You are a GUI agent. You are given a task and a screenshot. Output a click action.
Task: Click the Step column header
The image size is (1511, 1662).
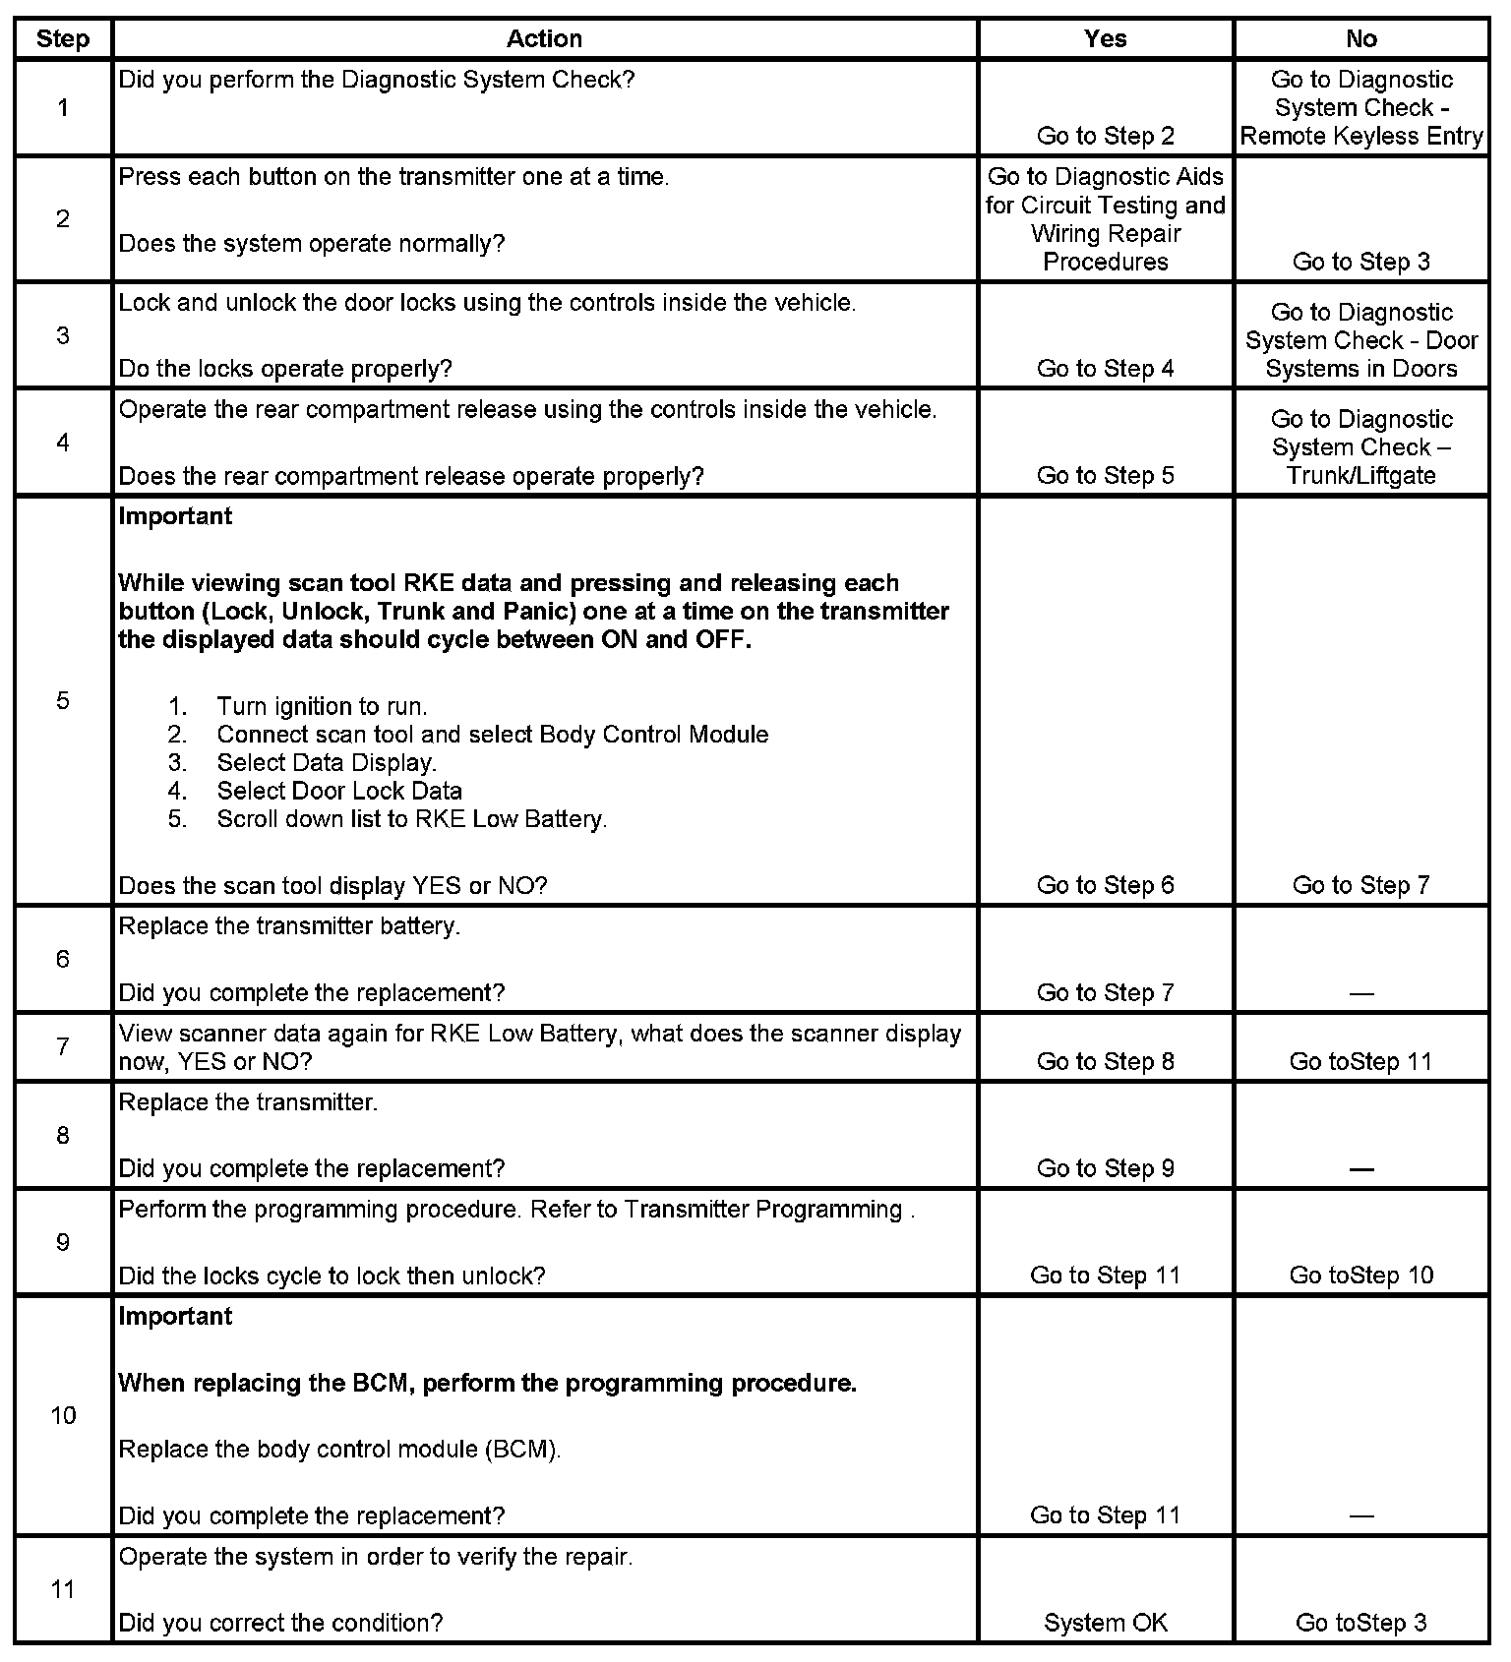point(63,39)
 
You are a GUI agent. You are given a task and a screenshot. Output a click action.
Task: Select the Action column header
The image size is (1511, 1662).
point(544,39)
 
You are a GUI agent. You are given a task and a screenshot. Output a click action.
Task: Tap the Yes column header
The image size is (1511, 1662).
point(1105,39)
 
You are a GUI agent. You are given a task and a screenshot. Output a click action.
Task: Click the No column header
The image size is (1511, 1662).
point(1360,39)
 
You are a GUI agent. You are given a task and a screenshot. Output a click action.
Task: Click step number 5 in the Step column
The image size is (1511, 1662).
point(63,701)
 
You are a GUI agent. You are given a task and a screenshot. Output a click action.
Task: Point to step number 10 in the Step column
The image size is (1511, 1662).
point(63,1416)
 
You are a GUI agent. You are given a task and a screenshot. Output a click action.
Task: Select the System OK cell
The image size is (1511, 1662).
point(1106,1624)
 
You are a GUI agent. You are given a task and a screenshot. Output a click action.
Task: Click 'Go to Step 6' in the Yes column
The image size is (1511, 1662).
point(1106,886)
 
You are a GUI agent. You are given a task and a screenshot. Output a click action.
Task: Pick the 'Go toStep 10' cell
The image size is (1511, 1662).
point(1361,1276)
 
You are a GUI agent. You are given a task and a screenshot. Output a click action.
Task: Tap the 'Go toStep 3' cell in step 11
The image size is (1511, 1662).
point(1361,1624)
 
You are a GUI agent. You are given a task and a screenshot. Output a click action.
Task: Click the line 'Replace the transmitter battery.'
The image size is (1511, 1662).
point(289,926)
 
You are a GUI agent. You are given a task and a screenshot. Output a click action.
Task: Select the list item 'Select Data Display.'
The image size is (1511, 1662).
point(327,763)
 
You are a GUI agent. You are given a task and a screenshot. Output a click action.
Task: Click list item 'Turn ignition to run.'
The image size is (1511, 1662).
point(322,707)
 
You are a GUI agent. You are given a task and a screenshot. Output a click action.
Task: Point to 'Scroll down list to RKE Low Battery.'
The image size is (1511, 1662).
point(411,819)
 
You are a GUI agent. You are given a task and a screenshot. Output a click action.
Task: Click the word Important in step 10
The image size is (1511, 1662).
point(175,1317)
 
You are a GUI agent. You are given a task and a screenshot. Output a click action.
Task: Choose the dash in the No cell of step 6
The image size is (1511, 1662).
point(1361,994)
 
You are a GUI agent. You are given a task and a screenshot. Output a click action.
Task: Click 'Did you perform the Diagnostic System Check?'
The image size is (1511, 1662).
point(377,80)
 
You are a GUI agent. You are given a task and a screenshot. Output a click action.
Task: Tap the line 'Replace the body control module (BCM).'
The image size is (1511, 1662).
point(339,1450)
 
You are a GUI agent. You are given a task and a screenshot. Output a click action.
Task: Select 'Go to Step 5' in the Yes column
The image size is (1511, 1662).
point(1106,476)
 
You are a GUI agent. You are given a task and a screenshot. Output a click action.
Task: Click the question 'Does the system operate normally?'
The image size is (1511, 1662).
point(311,244)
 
